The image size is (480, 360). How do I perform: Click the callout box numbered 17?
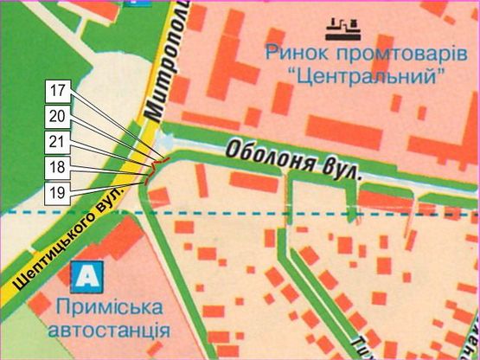[58, 90]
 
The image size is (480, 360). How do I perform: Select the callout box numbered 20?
[58, 114]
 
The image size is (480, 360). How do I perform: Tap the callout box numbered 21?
[58, 138]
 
